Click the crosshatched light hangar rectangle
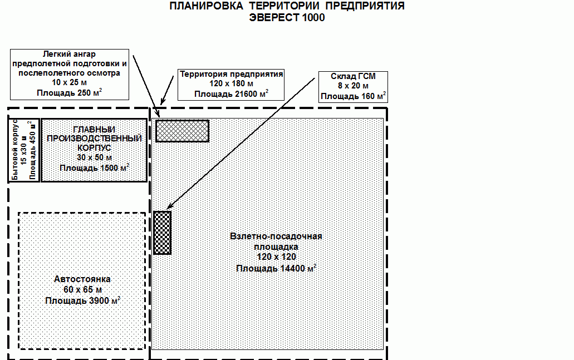pos(182,131)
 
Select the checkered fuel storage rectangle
pos(162,233)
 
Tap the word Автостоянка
pos(82,279)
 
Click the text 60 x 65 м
pos(83,290)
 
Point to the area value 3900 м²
pos(105,300)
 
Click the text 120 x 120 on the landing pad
pos(276,257)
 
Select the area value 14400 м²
pos(298,268)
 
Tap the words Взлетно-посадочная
pos(276,236)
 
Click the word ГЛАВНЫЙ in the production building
pos(94,130)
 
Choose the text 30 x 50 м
pos(95,157)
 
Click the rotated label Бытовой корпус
pos(14,150)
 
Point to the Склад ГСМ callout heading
pos(354,76)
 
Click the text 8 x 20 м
pos(354,86)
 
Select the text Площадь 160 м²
pos(354,96)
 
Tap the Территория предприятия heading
pos(232,74)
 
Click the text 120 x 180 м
pos(232,84)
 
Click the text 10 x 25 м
pos(70,82)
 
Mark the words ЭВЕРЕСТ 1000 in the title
pos(287,18)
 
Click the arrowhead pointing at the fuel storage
pos(169,206)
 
